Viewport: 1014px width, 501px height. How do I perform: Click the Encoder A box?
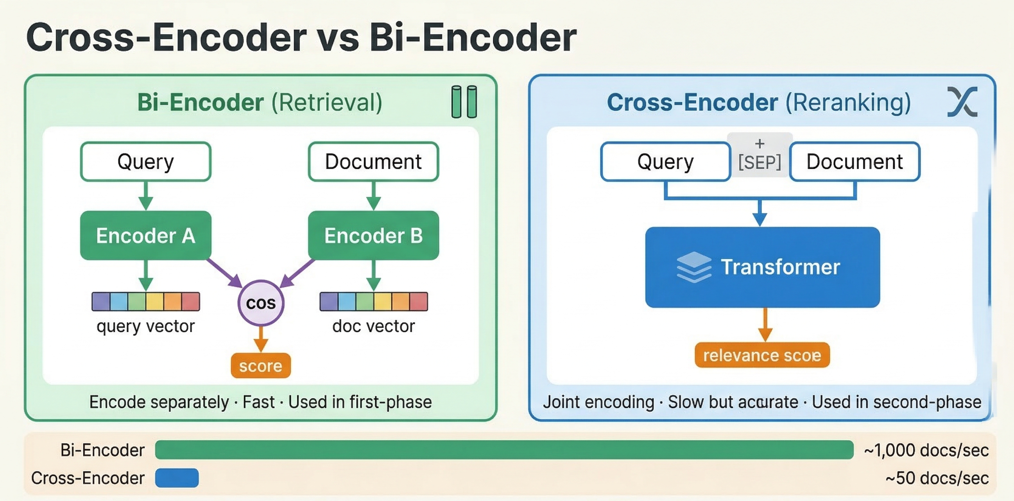pos(146,236)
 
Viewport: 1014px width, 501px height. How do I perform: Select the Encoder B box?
pos(373,236)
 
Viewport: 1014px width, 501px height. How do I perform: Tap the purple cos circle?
pos(260,303)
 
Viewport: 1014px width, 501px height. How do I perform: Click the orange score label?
pos(260,366)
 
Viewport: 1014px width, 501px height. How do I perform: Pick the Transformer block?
pos(762,268)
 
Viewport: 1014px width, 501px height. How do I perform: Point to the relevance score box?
pos(762,356)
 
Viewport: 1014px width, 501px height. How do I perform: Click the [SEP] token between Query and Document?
pos(759,162)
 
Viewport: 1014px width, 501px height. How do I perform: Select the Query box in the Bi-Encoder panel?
pos(146,162)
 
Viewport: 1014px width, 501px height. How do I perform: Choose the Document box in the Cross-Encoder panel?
pos(855,162)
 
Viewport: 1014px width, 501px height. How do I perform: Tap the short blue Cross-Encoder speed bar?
pos(177,478)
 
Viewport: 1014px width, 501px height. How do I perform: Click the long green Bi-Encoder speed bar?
pos(504,450)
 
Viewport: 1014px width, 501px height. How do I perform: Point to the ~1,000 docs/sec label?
pos(926,450)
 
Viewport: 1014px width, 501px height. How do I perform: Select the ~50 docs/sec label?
pos(937,478)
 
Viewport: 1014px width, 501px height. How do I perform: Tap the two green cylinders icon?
pos(464,102)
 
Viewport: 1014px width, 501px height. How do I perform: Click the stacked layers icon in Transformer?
pos(694,268)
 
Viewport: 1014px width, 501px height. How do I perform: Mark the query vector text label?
pos(146,326)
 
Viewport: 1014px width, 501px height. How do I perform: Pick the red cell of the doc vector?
pos(419,302)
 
